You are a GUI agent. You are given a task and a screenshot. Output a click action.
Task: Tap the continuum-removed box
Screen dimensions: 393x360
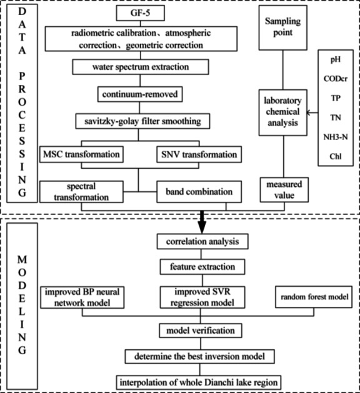click(x=137, y=94)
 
